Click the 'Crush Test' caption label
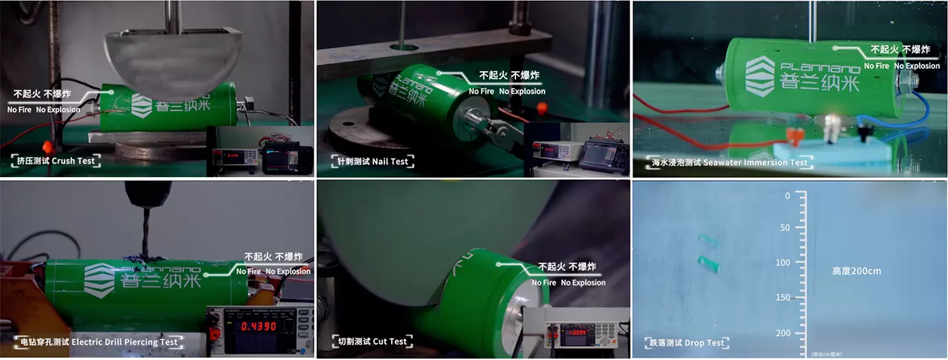click(56, 160)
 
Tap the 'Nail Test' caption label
click(369, 161)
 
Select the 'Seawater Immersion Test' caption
click(729, 161)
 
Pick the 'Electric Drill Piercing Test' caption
click(97, 342)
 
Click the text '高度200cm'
click(856, 271)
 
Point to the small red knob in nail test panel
click(541, 108)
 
